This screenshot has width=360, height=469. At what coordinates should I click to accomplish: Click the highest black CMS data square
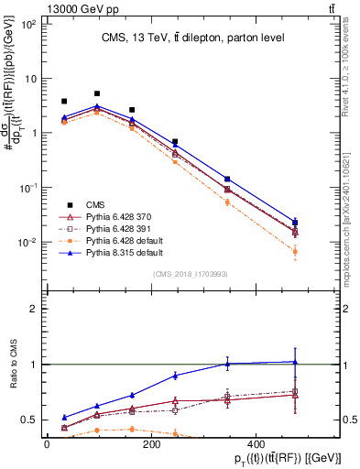97,93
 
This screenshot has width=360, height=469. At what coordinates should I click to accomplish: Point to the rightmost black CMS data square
294,222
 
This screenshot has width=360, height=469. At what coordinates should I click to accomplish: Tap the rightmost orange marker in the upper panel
294,251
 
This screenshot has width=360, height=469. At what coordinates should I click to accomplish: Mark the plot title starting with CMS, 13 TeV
192,37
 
